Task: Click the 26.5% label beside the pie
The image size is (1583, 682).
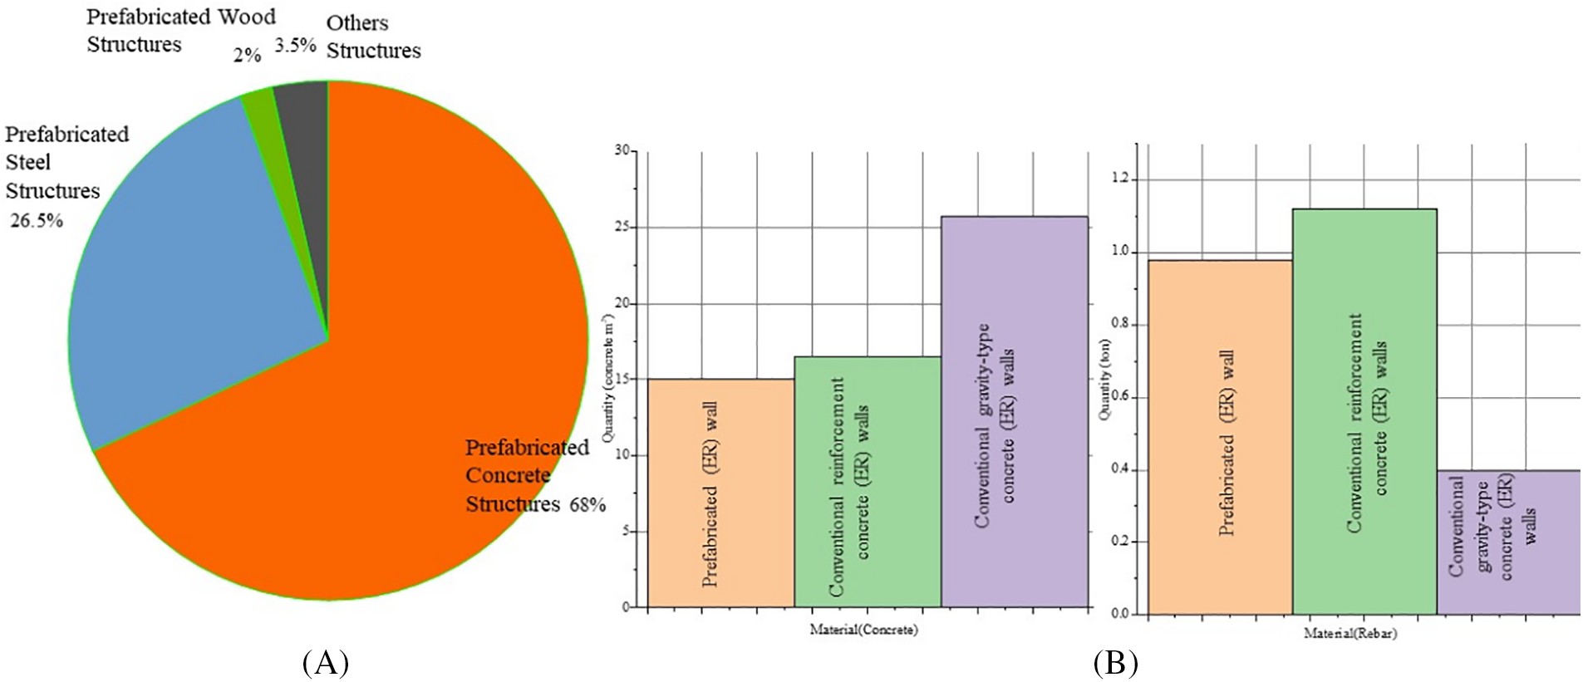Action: pos(37,221)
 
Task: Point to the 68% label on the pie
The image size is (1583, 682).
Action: pos(587,504)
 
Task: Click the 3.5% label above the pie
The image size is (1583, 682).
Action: pos(295,45)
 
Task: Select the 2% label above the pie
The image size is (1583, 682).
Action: pos(247,55)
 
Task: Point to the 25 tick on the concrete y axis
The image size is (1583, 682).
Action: pos(622,227)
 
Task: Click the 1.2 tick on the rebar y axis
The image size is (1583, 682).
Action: pos(1122,179)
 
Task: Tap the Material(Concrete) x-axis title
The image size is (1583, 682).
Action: pos(863,630)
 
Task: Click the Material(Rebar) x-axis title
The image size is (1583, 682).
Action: pos(1349,633)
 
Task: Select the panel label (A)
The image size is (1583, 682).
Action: pos(326,663)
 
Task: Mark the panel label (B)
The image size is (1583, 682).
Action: pos(1114,663)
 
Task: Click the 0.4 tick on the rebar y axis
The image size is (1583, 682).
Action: pos(1122,469)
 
